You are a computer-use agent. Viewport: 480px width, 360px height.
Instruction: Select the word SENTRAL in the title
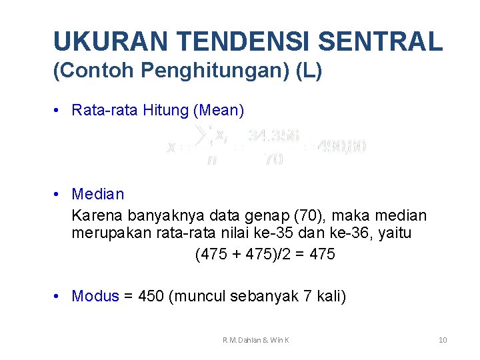coord(381,41)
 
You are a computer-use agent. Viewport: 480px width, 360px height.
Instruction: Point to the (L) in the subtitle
coord(308,71)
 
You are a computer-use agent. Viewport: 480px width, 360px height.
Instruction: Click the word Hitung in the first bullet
coord(166,110)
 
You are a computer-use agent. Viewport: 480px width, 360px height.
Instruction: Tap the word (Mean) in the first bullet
coord(219,110)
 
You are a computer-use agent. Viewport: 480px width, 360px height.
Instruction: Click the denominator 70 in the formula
coord(273,159)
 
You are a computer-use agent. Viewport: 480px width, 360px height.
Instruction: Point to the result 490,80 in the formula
coord(341,145)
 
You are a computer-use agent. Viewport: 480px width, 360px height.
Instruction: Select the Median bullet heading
coord(97,194)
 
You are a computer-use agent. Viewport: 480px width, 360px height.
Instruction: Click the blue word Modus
coord(95,296)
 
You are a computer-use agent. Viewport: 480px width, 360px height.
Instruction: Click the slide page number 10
coord(443,341)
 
